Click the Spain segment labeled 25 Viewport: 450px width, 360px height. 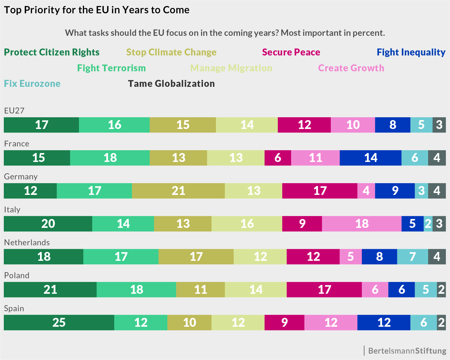tap(59, 323)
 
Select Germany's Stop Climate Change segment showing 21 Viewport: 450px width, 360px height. tap(178, 191)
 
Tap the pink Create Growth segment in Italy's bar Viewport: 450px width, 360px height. tap(362, 224)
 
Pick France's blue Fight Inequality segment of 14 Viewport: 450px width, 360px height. tap(370, 158)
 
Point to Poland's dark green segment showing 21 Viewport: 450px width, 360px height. tap(50, 290)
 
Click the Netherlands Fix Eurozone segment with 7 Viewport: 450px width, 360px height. tap(412, 257)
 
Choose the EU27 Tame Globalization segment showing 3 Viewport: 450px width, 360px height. tap(439, 125)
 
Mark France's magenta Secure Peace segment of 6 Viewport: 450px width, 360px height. tap(278, 158)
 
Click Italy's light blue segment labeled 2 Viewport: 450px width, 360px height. tap(428, 224)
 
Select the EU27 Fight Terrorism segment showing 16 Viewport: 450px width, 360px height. tap(114, 125)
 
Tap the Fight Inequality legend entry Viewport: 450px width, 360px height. tap(411, 52)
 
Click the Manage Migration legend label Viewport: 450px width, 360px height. tap(231, 68)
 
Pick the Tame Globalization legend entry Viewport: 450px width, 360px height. tap(171, 84)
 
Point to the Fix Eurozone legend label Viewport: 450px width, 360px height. tap(32, 84)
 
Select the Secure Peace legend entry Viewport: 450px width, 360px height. tap(291, 52)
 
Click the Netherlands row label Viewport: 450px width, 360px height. tap(27, 242)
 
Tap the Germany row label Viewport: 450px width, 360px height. tap(21, 177)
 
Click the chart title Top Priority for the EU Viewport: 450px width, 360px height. tap(97, 10)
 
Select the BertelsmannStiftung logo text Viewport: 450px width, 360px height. tap(407, 351)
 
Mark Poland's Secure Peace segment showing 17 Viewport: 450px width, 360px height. tap(324, 290)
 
